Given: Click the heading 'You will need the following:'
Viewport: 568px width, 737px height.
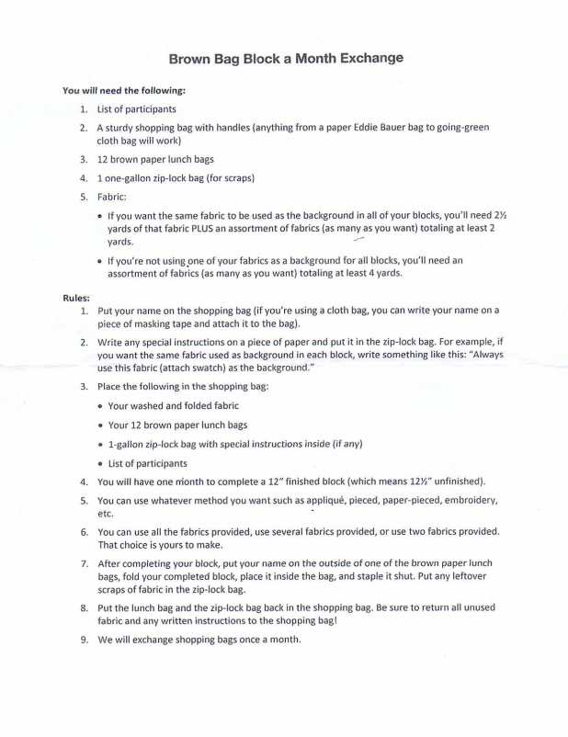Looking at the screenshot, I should coord(124,91).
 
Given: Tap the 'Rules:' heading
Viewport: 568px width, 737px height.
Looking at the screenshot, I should coord(76,298).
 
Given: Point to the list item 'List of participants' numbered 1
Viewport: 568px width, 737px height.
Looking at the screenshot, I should coord(137,109).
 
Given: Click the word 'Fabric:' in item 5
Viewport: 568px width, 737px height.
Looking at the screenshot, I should coord(112,197).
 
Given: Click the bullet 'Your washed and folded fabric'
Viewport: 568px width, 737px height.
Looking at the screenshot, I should coord(173,405).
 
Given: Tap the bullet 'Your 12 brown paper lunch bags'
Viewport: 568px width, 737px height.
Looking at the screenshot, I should coord(177,425).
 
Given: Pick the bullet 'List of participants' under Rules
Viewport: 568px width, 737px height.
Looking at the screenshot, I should coord(147,463).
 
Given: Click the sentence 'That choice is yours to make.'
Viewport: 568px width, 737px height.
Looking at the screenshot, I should coord(160,545).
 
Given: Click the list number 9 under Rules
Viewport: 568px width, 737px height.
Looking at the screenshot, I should coord(84,639).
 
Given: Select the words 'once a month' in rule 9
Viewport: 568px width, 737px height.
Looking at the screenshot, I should coord(272,639).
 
